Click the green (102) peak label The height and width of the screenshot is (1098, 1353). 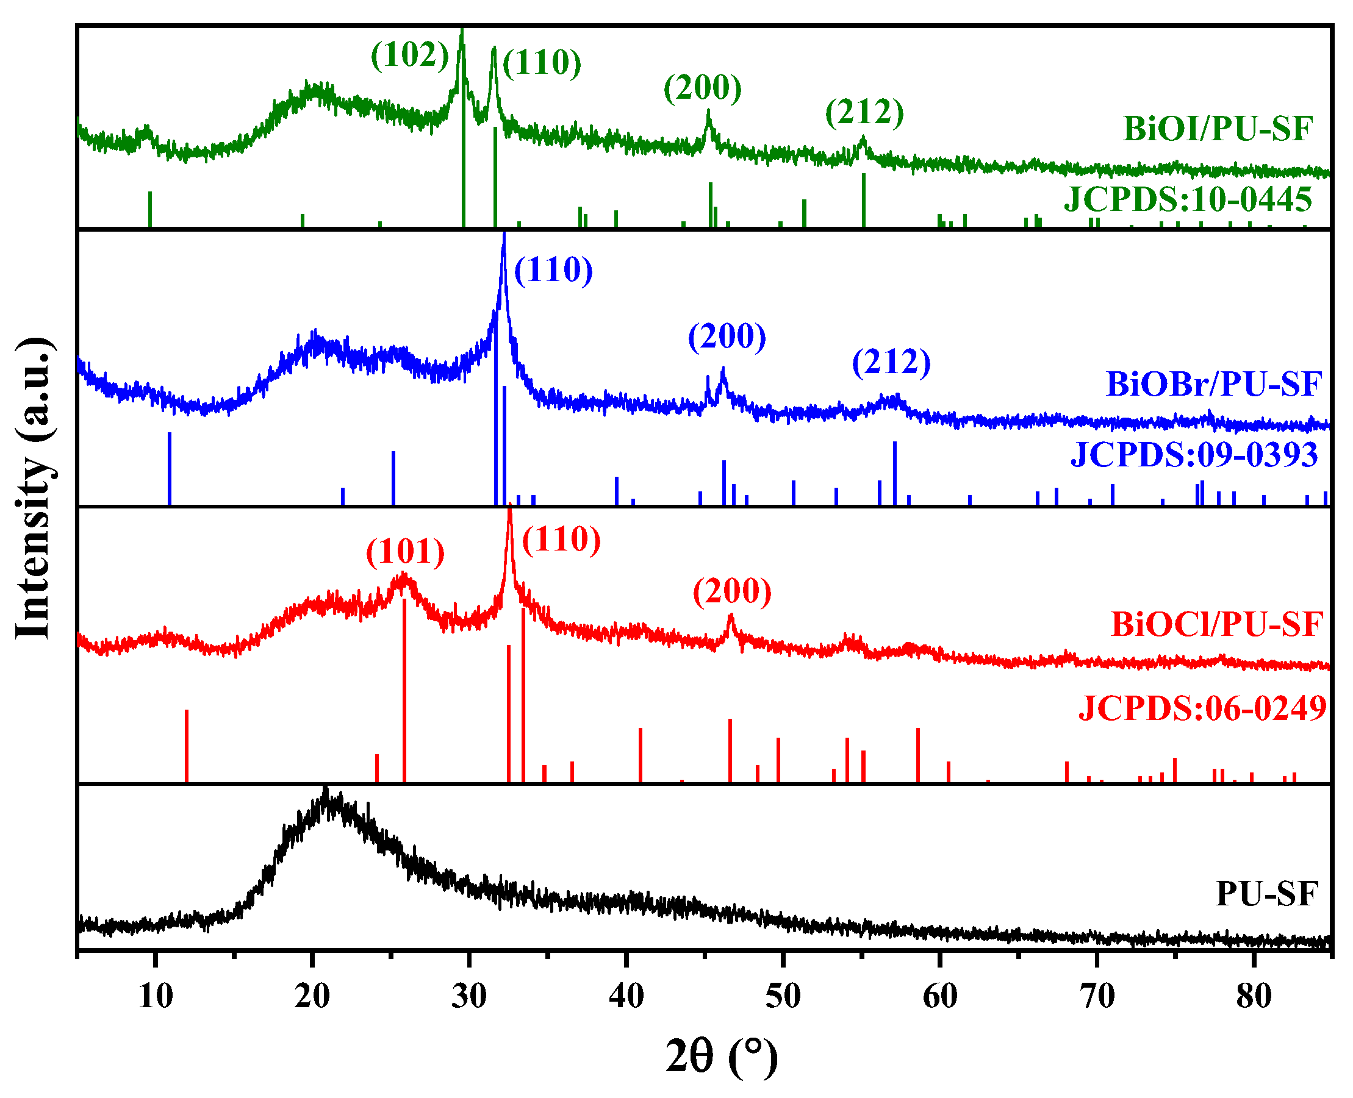[409, 55]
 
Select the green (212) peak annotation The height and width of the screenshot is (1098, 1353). [864, 113]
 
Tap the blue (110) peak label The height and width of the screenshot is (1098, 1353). [553, 270]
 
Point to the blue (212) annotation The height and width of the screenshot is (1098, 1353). [891, 362]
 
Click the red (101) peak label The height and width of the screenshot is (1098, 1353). [405, 552]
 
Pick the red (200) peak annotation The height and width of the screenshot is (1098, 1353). [732, 591]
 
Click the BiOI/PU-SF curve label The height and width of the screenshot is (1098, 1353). [1218, 129]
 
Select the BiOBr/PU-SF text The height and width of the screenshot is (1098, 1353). [1214, 384]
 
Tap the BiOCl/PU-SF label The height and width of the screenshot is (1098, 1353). [1217, 624]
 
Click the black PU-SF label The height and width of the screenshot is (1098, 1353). [1267, 894]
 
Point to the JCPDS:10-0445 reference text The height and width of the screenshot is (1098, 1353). [1188, 200]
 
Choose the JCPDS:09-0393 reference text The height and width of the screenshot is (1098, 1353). [1194, 455]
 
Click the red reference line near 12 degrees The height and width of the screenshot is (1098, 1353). [187, 746]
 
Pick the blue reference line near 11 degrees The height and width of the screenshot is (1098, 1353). [170, 469]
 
